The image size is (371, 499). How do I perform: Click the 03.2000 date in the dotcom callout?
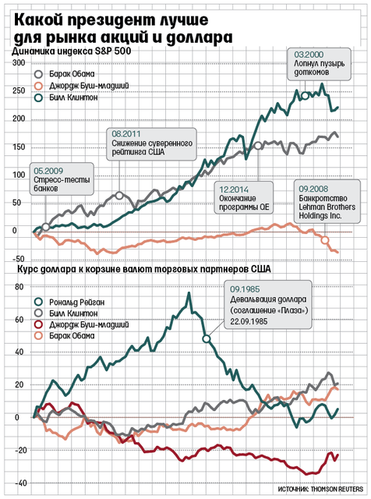309,55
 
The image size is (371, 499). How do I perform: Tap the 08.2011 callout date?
126,134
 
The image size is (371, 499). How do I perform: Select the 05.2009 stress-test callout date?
48,172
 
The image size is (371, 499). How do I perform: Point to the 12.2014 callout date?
234,189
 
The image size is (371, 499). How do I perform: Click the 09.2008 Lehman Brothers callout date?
313,189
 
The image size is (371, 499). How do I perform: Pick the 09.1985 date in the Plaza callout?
245,289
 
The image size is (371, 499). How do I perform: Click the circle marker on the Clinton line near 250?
305,95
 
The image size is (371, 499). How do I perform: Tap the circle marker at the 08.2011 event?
119,196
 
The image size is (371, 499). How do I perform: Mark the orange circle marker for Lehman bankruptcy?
324,240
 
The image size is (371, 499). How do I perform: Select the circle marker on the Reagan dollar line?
207,339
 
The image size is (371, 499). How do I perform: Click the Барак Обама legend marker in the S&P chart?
38,75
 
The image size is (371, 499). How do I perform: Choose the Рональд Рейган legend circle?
38,302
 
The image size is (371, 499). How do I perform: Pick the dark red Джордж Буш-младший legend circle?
38,324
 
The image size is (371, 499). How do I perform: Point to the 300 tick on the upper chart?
19,62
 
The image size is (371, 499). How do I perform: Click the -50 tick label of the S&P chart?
19,259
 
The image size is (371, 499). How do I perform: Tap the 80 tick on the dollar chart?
19,287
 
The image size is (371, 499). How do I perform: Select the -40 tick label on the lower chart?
20,483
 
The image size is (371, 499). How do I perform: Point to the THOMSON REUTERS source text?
337,489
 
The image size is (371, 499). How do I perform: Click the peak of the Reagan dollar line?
189,293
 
